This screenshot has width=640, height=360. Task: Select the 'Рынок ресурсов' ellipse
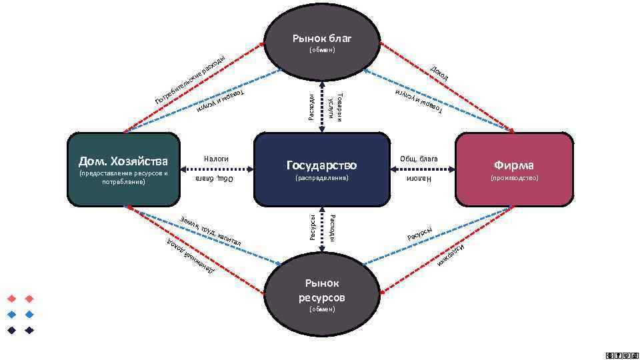[321, 291]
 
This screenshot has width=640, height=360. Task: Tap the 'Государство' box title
[321, 165]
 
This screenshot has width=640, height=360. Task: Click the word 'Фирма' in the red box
[513, 165]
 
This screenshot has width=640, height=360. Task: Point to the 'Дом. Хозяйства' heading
[123, 161]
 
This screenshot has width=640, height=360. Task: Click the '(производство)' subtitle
[513, 179]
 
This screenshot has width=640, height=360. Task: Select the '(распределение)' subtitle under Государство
[321, 179]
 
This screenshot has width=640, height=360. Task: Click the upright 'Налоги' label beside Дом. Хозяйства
[216, 159]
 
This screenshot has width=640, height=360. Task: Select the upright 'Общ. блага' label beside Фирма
[419, 159]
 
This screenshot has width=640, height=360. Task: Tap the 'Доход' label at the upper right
[439, 73]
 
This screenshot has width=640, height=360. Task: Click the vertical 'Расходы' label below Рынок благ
[311, 106]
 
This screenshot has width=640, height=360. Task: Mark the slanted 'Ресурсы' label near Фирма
[420, 235]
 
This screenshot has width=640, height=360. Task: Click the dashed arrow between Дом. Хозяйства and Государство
[217, 169]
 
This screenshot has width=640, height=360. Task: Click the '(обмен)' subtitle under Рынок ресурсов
[321, 310]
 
